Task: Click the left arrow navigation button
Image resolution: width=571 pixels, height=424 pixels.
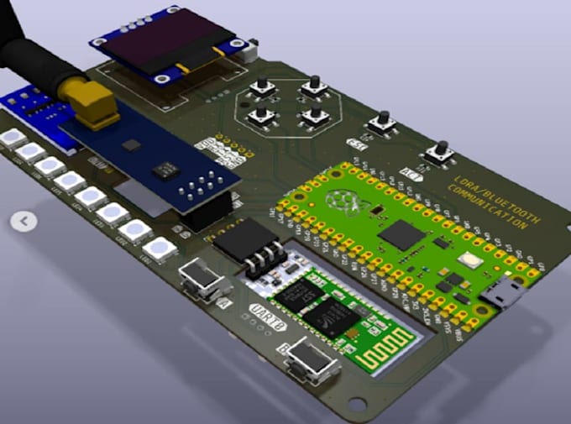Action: (24, 222)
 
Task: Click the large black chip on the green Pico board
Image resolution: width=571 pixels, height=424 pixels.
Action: (401, 234)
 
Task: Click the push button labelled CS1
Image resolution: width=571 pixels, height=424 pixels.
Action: (383, 124)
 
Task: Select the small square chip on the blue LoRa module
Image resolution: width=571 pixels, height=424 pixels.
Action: (131, 145)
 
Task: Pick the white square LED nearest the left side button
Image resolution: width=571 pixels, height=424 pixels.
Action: (156, 249)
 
